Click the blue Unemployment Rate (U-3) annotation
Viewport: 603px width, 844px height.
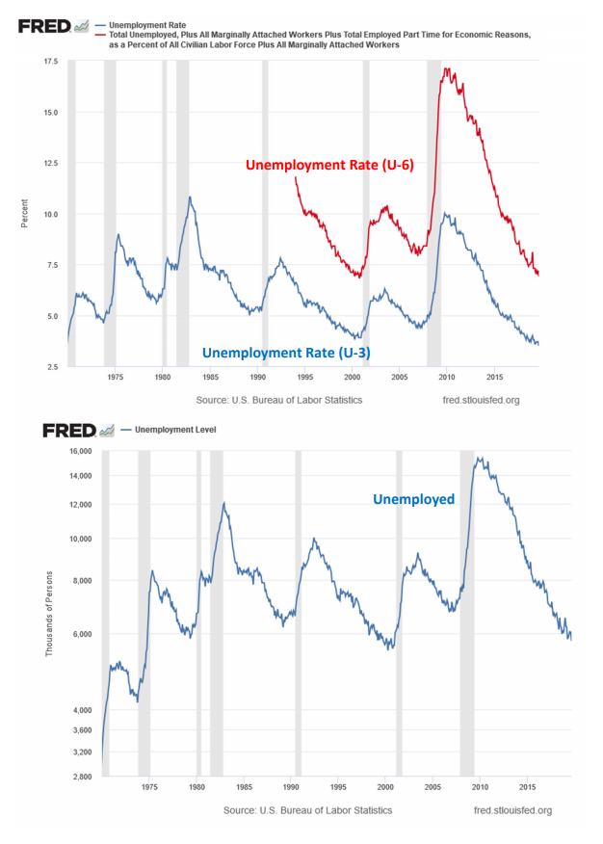click(x=286, y=353)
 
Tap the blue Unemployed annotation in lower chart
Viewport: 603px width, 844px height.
click(x=413, y=499)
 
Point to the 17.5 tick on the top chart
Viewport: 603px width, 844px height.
click(x=49, y=62)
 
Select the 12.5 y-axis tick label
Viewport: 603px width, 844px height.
click(x=49, y=164)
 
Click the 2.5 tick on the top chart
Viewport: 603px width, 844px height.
click(x=52, y=367)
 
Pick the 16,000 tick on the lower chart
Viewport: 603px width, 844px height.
click(x=76, y=451)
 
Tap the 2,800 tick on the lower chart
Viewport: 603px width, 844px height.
click(x=79, y=777)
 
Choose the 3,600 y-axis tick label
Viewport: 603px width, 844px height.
click(x=79, y=729)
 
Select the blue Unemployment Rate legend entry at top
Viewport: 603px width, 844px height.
click(x=148, y=21)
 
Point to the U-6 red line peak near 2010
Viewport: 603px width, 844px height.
click(x=445, y=68)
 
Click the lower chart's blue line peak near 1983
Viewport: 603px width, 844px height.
click(x=224, y=502)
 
